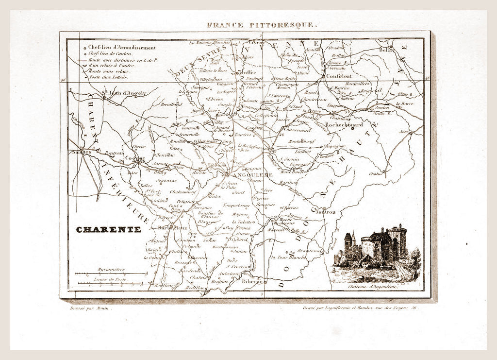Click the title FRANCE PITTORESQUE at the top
[262, 25]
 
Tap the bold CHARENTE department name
[109, 229]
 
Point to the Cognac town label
[134, 158]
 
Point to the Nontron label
[326, 212]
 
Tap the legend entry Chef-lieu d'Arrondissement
[122, 48]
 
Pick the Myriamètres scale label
[111, 269]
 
